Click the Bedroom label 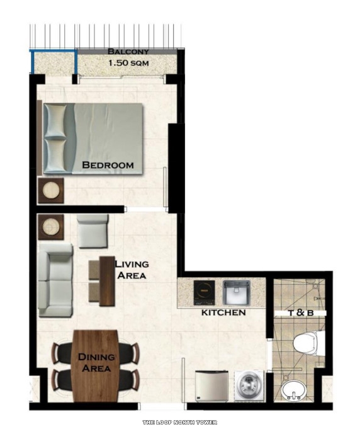[x=108, y=165]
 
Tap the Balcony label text [x=128, y=52]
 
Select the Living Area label [x=131, y=270]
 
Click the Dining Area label [x=96, y=363]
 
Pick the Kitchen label [x=223, y=312]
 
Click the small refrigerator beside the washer [x=211, y=385]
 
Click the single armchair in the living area [x=93, y=230]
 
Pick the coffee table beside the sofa [x=102, y=280]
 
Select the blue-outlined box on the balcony [x=54, y=61]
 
